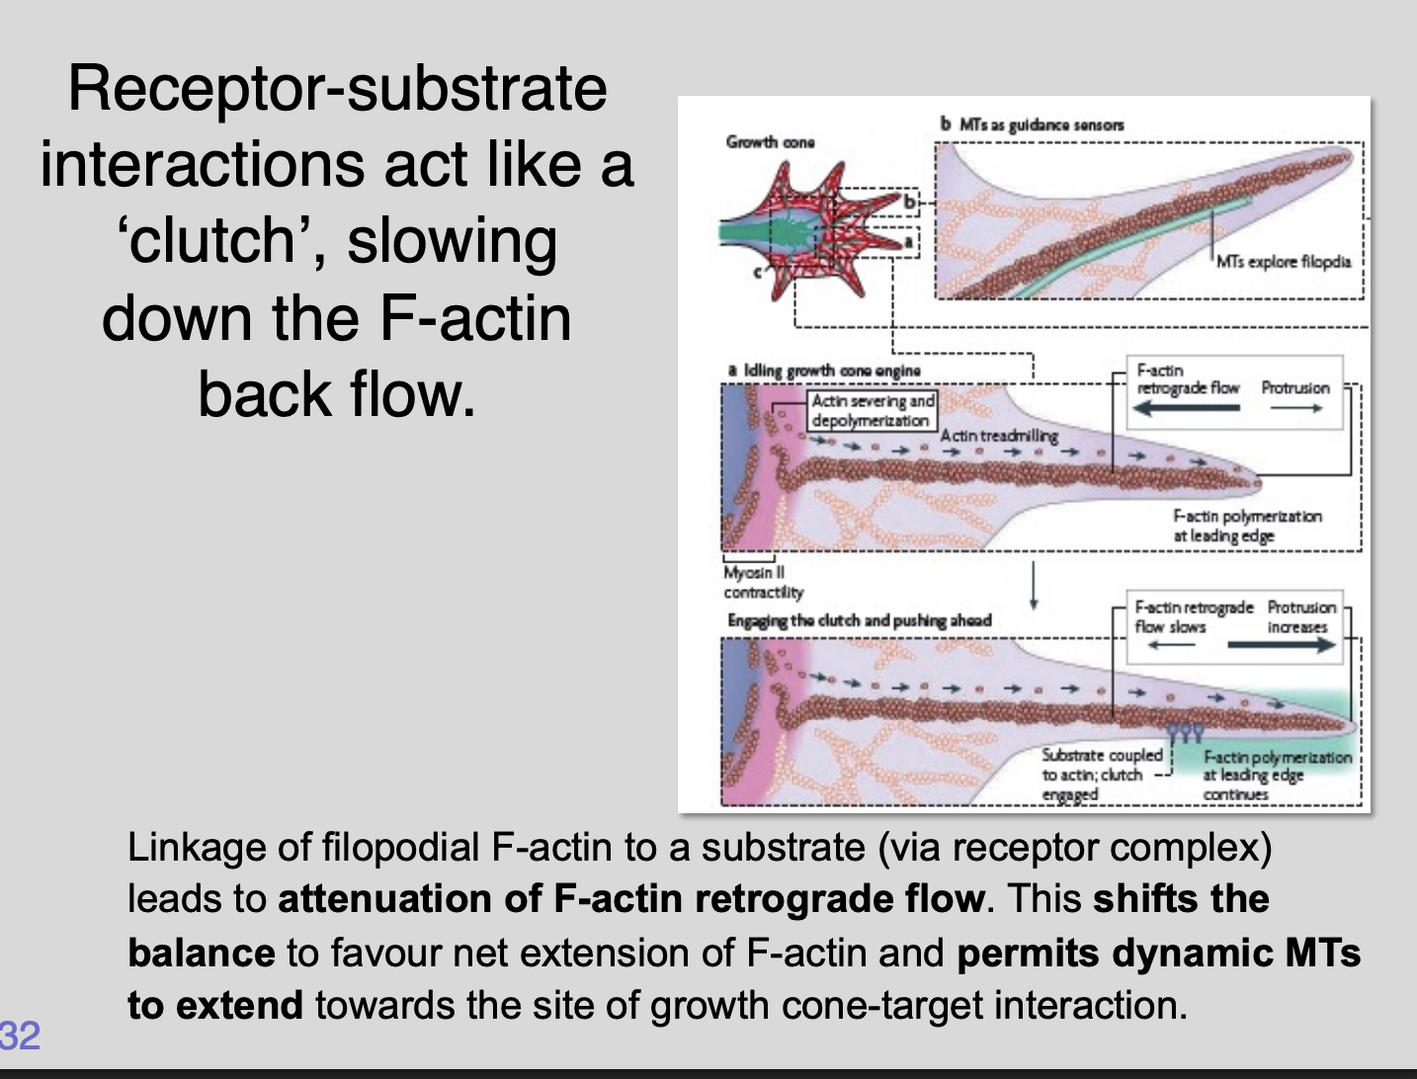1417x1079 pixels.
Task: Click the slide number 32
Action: (20, 1035)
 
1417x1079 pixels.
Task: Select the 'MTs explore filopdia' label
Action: (1283, 262)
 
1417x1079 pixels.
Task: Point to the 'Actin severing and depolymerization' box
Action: (872, 410)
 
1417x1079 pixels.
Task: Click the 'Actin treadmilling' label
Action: (998, 436)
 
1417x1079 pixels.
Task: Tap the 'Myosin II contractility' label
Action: (763, 582)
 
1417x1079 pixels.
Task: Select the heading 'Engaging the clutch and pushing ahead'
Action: (859, 621)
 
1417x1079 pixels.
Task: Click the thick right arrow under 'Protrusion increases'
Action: (1280, 646)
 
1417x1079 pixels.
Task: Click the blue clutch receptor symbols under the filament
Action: (1184, 733)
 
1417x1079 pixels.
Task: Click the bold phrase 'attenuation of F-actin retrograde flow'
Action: (631, 899)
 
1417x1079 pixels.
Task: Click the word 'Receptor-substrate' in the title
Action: (337, 89)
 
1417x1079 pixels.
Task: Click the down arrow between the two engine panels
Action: (1033, 587)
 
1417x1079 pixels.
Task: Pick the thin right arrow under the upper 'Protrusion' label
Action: (1295, 408)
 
